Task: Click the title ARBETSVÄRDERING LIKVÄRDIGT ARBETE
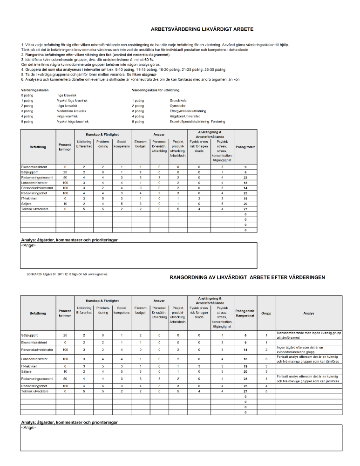point(202,29)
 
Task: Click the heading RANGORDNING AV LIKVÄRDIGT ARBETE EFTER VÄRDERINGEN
point(248,277)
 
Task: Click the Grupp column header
point(266,313)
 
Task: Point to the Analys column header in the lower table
point(309,313)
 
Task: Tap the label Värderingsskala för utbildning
point(156,90)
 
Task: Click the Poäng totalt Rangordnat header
point(245,313)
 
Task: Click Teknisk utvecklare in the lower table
point(34,391)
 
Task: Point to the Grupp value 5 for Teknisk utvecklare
point(266,391)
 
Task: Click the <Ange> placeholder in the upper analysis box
point(28,245)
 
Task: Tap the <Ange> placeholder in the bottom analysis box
point(28,427)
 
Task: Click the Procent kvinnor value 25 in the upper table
point(65,171)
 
